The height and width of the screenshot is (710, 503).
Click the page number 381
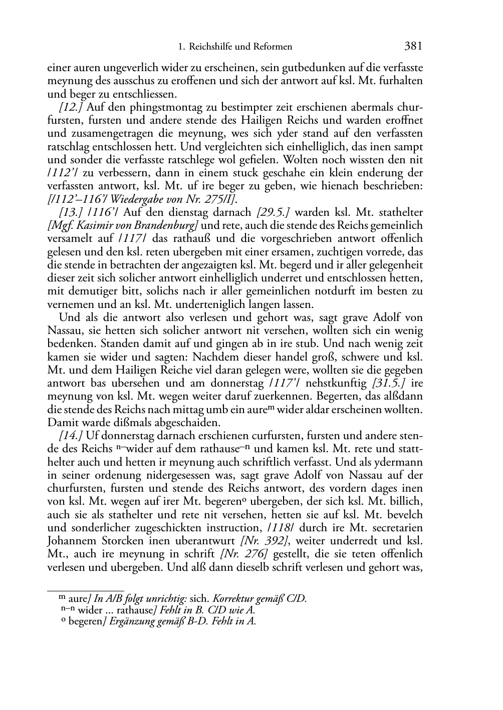(x=413, y=47)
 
